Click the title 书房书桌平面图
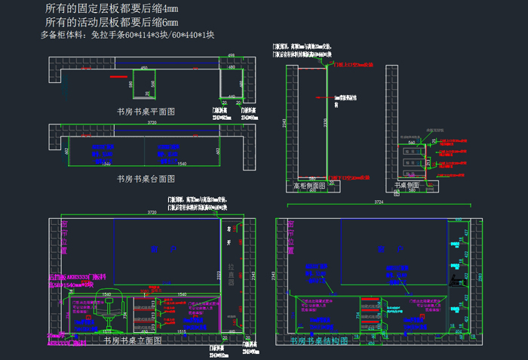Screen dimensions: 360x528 [x=146, y=111]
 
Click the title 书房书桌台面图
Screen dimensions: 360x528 [x=146, y=179]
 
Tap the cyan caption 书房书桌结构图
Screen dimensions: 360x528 [x=319, y=341]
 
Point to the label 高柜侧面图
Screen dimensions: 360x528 [x=309, y=186]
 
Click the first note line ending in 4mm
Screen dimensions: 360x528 [x=112, y=9]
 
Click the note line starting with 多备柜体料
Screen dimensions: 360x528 [x=127, y=35]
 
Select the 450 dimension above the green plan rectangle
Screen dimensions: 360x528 [x=143, y=68]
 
